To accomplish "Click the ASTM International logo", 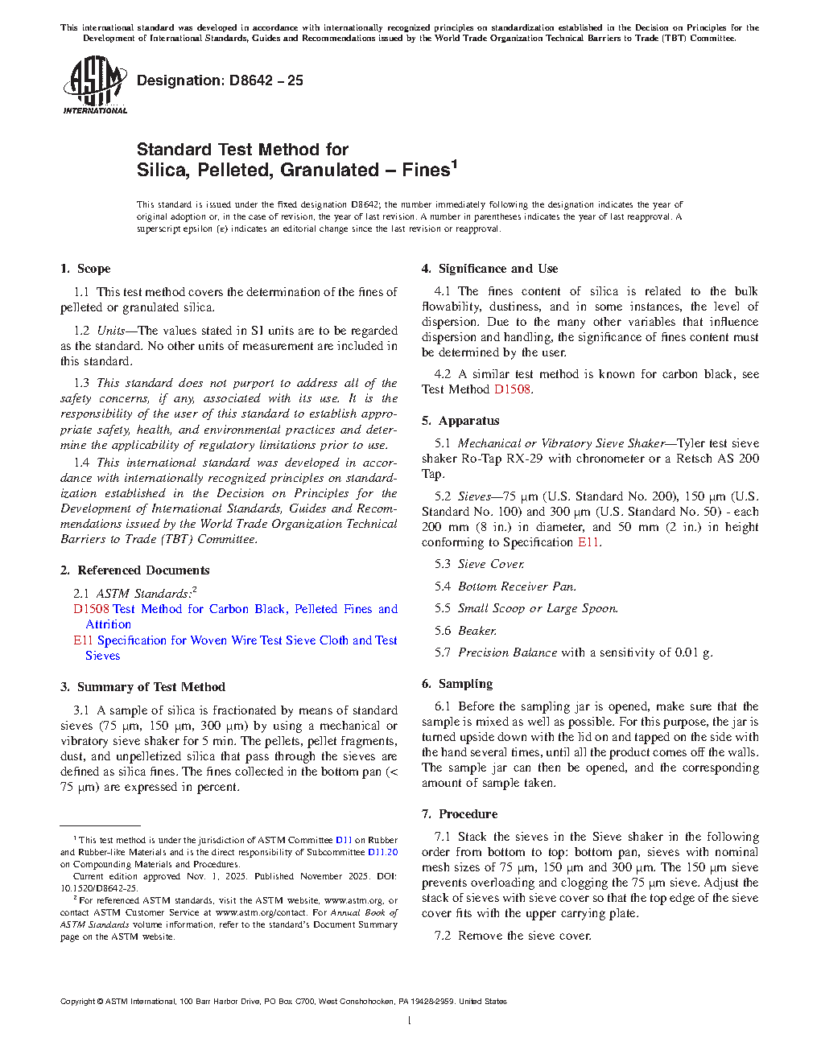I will [x=94, y=84].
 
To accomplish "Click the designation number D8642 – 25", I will [x=220, y=80].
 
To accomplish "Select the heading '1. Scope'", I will [x=85, y=269].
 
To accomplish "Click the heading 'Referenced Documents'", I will [x=143, y=570].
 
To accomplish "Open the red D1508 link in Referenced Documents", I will [x=91, y=609].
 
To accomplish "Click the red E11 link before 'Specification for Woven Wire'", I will [x=83, y=640].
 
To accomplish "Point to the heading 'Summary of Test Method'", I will [x=151, y=687].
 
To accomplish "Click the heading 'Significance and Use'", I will [x=497, y=269].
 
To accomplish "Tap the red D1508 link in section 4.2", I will [x=512, y=389].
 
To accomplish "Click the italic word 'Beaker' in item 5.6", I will [x=477, y=631].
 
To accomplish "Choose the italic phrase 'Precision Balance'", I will [x=507, y=652].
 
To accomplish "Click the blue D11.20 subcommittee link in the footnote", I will [x=382, y=852].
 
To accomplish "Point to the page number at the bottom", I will [x=410, y=1021].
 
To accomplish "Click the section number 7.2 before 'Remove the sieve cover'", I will [x=442, y=936].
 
